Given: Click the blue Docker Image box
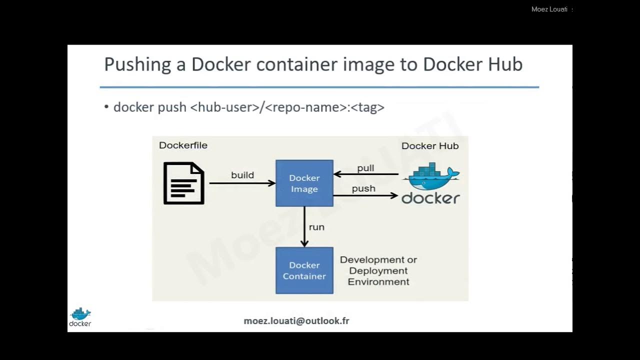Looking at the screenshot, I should coord(304,183).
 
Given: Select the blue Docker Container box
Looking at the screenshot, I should coord(304,270).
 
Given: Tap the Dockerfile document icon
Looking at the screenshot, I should coord(184,183).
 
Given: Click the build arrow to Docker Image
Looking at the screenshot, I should coord(242,183).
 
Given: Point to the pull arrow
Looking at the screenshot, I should coord(365,174).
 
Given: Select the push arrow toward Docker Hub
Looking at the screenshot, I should coord(365,195).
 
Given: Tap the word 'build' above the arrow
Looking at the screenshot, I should coord(242,175).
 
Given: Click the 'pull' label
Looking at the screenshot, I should coord(365,168).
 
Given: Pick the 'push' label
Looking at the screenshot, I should coord(363,188).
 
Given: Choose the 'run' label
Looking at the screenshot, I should coord(316,227).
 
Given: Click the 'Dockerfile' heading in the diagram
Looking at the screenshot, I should coord(183,145).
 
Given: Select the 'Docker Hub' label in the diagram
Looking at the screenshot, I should coord(430,146).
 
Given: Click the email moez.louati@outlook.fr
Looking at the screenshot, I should coord(296,321).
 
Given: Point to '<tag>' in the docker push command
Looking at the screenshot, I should coord(367,107).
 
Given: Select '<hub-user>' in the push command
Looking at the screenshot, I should coord(224,107).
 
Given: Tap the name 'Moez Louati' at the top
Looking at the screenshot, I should coord(549,9).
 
